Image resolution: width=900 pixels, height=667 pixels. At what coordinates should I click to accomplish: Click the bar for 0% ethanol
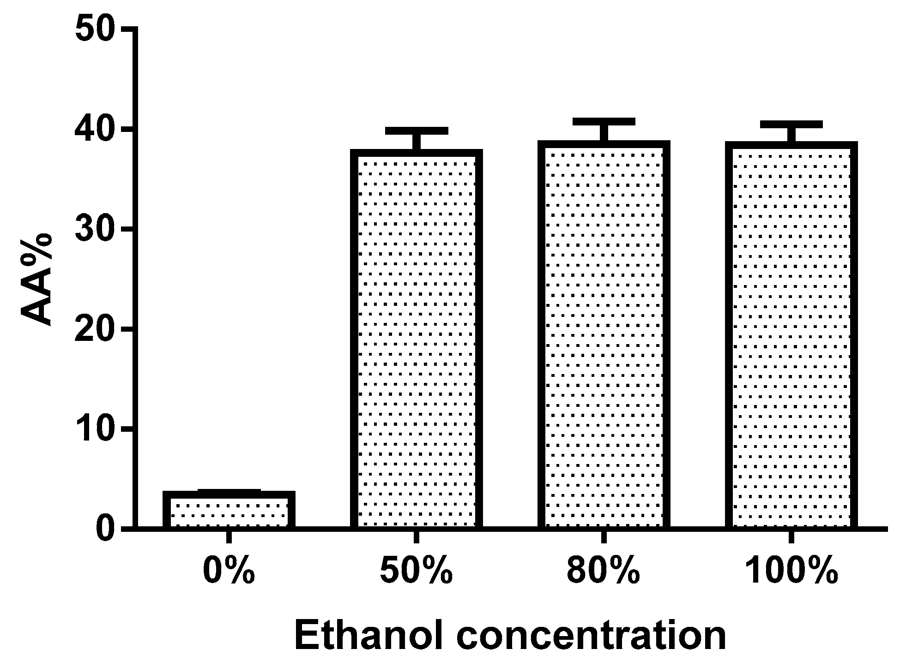(x=229, y=510)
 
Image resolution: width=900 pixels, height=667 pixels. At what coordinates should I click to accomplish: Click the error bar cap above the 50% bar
(x=417, y=131)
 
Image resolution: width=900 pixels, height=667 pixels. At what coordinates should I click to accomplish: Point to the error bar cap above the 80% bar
(x=604, y=122)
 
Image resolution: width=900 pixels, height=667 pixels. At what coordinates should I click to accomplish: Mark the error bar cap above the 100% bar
(x=791, y=125)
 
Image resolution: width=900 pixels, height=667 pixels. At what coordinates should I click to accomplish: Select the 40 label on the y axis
(x=95, y=130)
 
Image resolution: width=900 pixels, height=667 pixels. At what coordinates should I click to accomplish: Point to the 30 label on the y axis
(x=95, y=229)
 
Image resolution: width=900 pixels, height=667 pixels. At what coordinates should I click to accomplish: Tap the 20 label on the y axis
(x=95, y=329)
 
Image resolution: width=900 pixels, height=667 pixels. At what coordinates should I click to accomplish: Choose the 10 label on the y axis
(x=95, y=429)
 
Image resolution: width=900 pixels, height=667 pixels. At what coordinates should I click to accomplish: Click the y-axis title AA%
(x=37, y=280)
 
